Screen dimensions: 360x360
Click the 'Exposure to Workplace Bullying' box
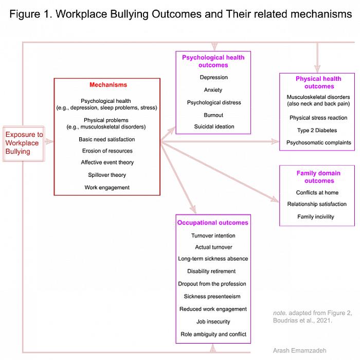(x=24, y=143)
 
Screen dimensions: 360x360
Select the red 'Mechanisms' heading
(x=108, y=85)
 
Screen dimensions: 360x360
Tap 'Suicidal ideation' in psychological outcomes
(x=214, y=127)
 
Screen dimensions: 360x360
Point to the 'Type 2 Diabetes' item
(x=317, y=131)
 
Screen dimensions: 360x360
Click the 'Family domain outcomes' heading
(x=318, y=177)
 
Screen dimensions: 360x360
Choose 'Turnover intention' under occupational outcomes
(x=213, y=236)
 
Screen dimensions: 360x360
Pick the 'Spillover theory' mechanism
(x=107, y=175)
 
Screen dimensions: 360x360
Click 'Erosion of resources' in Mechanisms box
(x=107, y=151)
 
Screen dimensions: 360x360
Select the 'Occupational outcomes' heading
(x=212, y=223)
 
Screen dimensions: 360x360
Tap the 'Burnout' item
(x=213, y=115)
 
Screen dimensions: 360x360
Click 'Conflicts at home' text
(x=317, y=193)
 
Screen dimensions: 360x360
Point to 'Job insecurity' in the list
(x=213, y=322)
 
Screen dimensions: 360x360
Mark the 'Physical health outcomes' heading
(x=318, y=82)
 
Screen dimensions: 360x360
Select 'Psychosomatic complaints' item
(x=319, y=142)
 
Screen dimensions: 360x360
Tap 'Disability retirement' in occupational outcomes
(x=211, y=271)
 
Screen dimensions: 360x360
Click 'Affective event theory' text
(x=107, y=163)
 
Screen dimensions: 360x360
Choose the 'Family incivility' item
(x=316, y=217)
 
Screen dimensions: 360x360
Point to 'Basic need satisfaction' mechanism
(x=107, y=139)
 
